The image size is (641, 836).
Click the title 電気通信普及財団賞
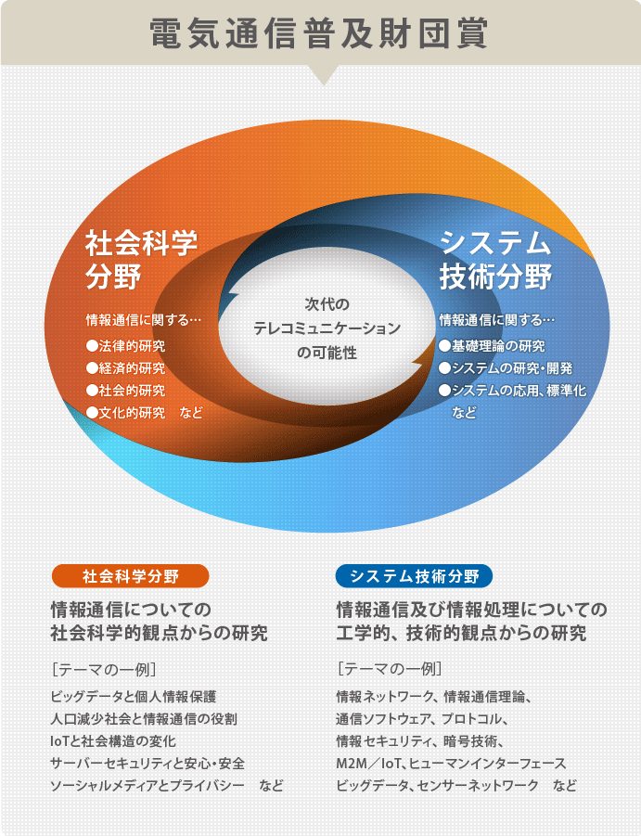318,33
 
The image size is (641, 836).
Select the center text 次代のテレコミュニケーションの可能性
327,328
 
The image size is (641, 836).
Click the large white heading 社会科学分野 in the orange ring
141,259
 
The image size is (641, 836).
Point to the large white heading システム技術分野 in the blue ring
495,259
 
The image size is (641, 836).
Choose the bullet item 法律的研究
126,346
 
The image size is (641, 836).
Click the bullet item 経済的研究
126,368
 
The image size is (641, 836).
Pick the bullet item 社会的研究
126,391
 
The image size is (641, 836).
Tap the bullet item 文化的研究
126,413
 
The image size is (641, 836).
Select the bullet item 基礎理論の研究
492,346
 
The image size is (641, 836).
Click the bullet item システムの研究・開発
506,368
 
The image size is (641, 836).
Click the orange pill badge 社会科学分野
131,576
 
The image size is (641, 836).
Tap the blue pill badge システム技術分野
414,576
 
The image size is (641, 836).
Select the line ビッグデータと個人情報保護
134,696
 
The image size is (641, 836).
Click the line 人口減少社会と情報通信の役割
144,719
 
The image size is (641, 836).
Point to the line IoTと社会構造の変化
113,741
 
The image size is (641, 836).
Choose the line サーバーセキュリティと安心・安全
147,764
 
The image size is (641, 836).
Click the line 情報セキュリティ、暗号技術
420,741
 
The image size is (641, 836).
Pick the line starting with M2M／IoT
451,764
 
